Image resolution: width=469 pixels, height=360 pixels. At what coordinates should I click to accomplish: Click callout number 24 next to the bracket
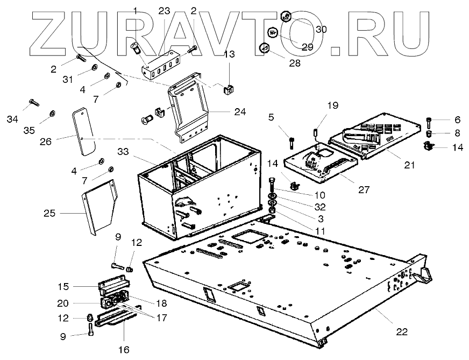239,112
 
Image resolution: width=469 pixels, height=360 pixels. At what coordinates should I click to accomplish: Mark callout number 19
333,105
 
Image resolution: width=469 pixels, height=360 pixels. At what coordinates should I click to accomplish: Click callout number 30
321,29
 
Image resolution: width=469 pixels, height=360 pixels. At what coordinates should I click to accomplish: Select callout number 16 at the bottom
124,350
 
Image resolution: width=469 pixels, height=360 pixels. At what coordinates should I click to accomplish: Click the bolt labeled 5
292,143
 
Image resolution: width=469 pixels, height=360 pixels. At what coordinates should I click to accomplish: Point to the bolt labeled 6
429,123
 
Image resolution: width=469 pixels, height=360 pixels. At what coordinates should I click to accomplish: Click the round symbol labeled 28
264,48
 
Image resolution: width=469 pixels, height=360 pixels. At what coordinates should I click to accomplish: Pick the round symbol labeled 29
273,33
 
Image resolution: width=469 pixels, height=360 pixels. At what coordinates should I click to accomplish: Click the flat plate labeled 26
83,132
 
